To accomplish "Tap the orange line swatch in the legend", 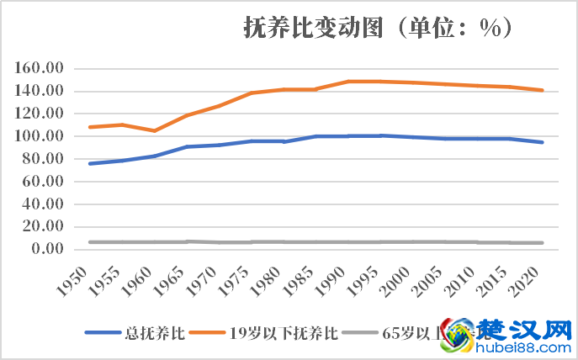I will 208,332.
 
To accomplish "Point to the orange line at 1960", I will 154,130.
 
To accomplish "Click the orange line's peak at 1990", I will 348,82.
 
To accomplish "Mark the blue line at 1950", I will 90,163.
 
